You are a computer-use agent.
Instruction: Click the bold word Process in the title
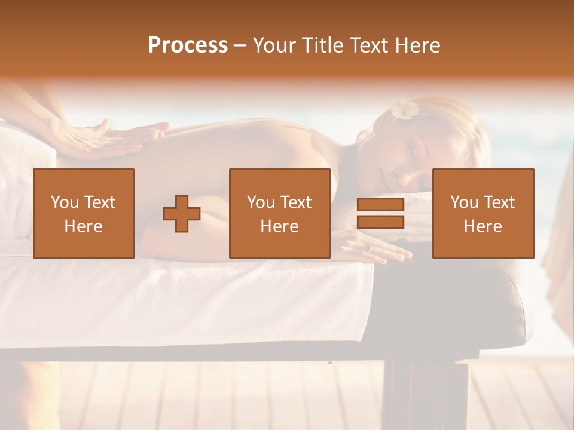pos(188,45)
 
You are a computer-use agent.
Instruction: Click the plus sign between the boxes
pos(182,214)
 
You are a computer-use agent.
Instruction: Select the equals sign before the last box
pos(380,214)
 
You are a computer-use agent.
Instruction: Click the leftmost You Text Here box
pos(84,214)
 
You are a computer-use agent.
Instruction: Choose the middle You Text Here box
pos(280,214)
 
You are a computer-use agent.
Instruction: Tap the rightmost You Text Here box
pos(483,214)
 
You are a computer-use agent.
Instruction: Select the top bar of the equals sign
pos(380,205)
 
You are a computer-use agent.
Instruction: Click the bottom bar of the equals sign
pos(380,222)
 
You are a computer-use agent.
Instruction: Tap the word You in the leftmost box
pos(65,202)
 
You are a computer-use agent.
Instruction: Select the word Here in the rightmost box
pos(483,226)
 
